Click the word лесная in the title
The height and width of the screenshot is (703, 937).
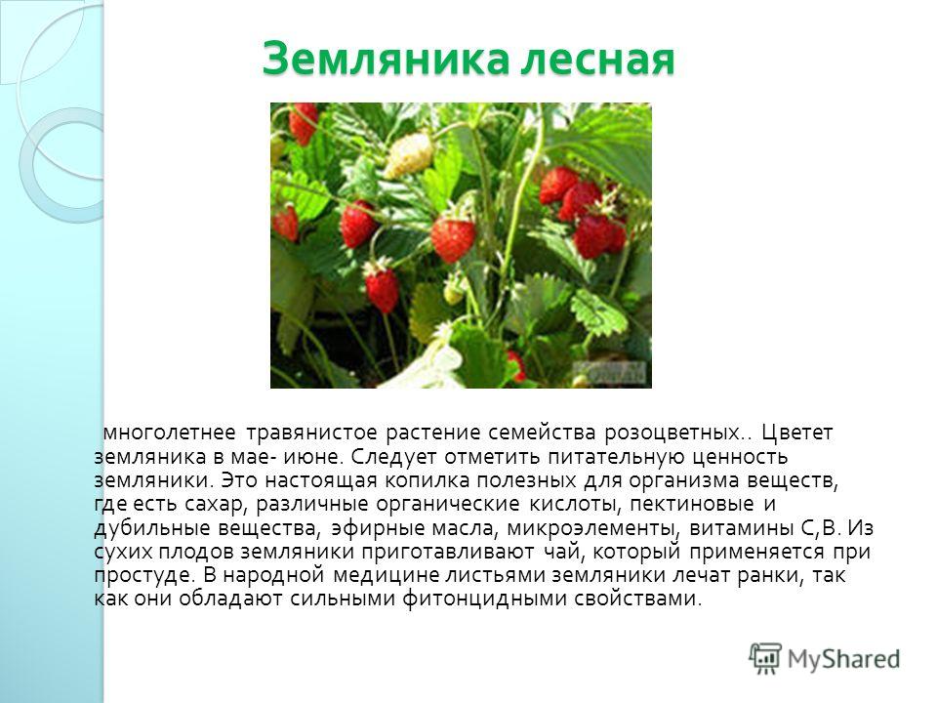[x=597, y=59]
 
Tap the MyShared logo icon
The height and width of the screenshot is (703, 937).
[x=765, y=659]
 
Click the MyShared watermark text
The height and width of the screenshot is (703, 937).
[x=843, y=659]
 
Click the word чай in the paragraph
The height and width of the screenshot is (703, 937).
[x=563, y=551]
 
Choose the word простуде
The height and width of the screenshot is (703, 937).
[x=144, y=576]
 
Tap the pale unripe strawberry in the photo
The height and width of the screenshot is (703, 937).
[x=409, y=155]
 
